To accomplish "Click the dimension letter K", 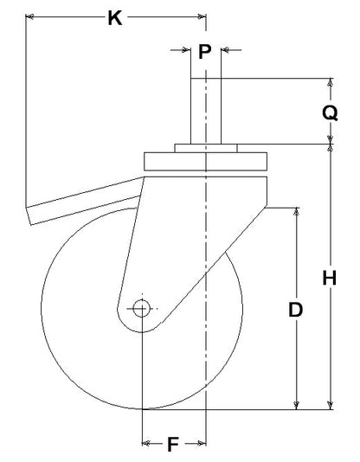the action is tap(115, 18).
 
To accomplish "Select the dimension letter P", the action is tap(205, 52).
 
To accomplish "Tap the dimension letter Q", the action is tap(330, 113).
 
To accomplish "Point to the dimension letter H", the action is tap(330, 278).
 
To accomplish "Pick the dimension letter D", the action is tap(295, 310).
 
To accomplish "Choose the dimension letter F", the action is tap(173, 445).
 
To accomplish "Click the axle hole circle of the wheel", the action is tap(142, 309).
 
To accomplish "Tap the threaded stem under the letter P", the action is tap(206, 111).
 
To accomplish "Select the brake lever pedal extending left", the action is tap(83, 201).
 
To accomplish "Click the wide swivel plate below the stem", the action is tap(206, 161).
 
